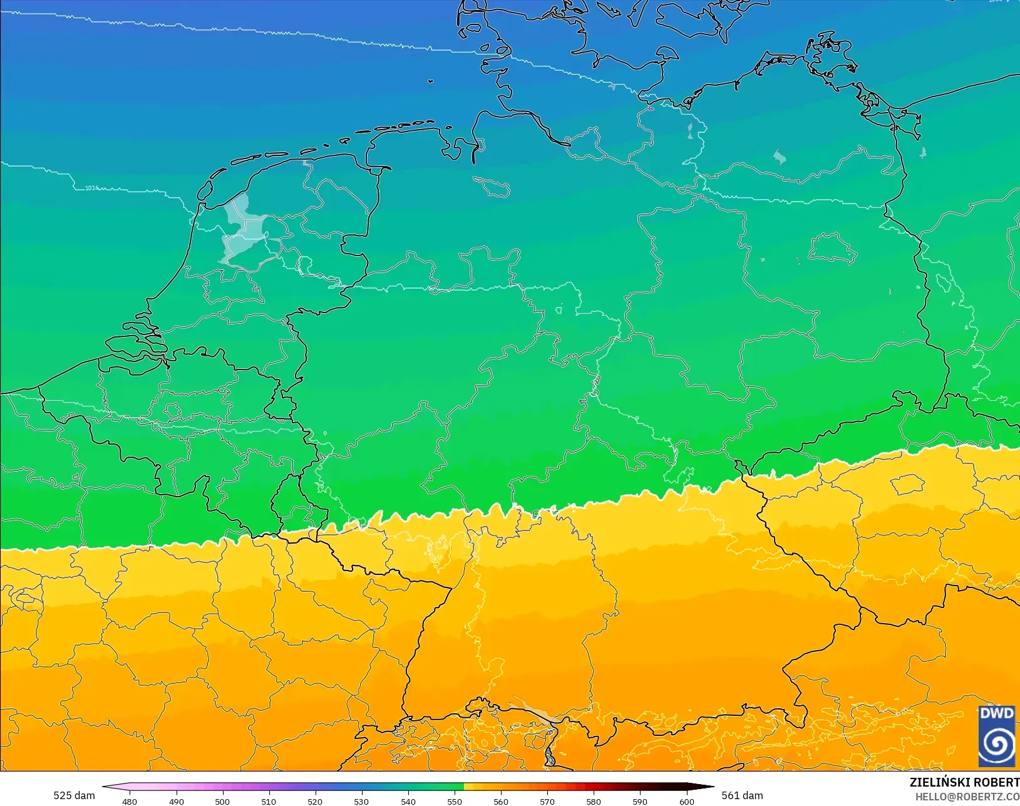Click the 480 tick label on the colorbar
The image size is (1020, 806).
[x=130, y=801]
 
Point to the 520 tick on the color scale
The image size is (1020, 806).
[x=315, y=801]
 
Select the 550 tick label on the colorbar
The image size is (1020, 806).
[x=455, y=801]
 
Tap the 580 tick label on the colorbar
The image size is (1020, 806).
[x=594, y=801]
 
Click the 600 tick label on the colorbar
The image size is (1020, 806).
[x=687, y=801]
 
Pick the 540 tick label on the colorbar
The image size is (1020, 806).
[x=408, y=801]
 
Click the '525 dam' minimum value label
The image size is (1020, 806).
[x=74, y=795]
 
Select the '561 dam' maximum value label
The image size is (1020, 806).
[x=742, y=795]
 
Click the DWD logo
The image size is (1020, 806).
[x=997, y=736]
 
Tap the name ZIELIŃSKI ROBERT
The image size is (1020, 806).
[x=964, y=783]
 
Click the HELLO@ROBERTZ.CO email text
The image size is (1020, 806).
[x=967, y=797]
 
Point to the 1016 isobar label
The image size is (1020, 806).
[x=91, y=188]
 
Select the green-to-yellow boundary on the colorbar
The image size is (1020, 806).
[x=464, y=787]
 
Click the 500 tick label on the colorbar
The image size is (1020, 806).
[x=222, y=801]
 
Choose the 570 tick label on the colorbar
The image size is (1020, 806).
[x=547, y=801]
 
